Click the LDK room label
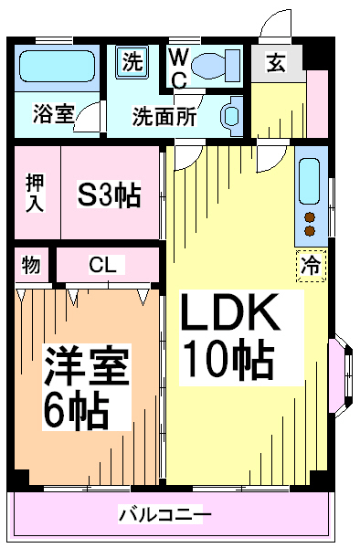tap(230, 312)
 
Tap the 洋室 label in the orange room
tap(86, 364)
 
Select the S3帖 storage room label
tap(109, 195)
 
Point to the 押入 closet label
tap(35, 193)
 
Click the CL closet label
tap(102, 265)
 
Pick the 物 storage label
tap(31, 265)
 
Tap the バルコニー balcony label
tap(165, 514)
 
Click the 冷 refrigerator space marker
tap(311, 266)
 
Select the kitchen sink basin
tap(310, 182)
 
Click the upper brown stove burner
tap(310, 217)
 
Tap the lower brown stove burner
tap(310, 231)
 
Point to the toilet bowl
tap(216, 66)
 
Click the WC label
tap(179, 68)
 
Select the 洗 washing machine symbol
tap(132, 62)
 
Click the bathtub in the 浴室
tap(57, 67)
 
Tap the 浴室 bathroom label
tap(54, 114)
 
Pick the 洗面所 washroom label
tap(164, 116)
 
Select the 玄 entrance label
tap(277, 63)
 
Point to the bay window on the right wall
tap(342, 375)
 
